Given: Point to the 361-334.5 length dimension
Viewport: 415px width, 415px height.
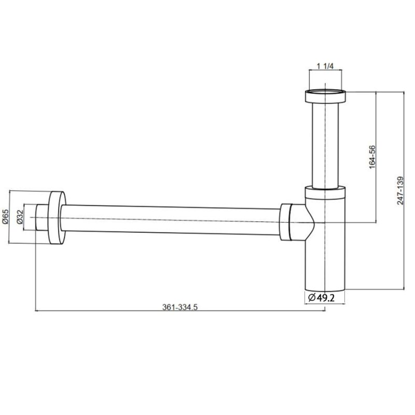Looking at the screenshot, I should pyautogui.click(x=180, y=307).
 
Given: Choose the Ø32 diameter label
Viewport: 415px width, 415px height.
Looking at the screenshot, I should pyautogui.click(x=19, y=217).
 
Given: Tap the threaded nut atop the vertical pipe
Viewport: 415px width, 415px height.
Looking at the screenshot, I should pyautogui.click(x=325, y=96).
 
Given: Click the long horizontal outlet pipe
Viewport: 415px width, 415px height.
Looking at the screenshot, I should pyautogui.click(x=171, y=219).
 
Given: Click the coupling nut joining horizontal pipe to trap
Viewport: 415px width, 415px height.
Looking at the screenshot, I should pyautogui.click(x=285, y=222).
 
